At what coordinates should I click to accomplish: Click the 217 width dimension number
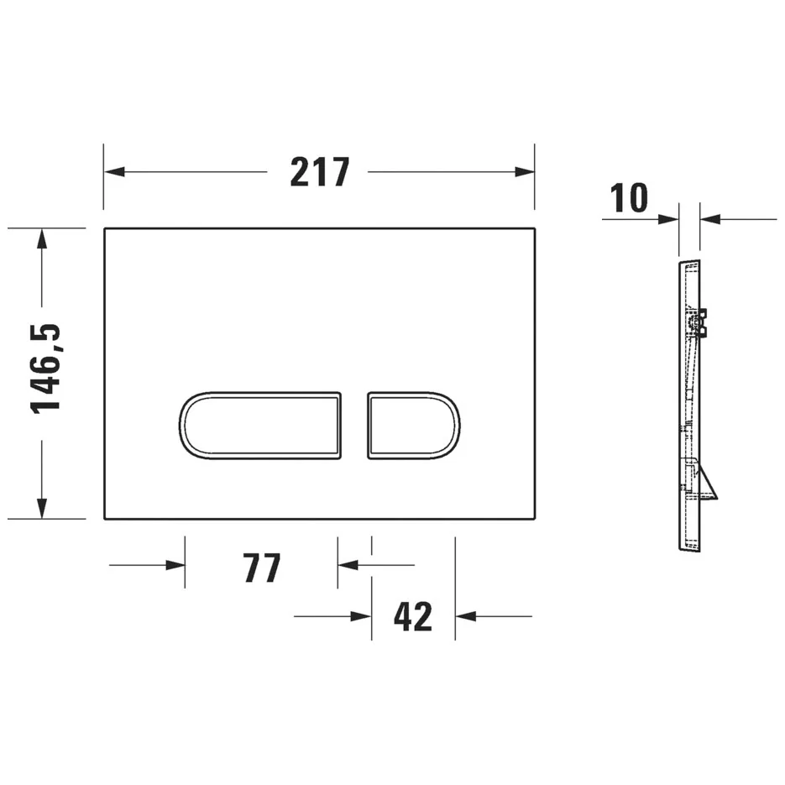click(x=319, y=172)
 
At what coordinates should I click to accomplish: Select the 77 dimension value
click(x=261, y=568)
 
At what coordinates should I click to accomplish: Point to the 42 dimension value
click(x=413, y=617)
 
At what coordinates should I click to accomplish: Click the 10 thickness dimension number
click(x=630, y=199)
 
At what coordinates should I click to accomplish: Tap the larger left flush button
click(x=260, y=425)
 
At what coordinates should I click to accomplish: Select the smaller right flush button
click(x=412, y=425)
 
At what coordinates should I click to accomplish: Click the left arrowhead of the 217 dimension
click(x=113, y=172)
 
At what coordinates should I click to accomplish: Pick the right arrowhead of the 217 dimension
click(x=526, y=172)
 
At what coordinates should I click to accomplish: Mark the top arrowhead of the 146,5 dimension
click(x=41, y=238)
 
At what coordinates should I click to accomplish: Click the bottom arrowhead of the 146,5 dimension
click(x=41, y=509)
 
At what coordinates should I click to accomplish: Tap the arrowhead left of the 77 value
click(x=176, y=565)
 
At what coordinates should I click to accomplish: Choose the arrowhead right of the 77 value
click(x=347, y=565)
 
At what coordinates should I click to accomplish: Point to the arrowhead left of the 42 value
click(x=363, y=617)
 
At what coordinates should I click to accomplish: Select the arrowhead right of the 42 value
click(x=464, y=617)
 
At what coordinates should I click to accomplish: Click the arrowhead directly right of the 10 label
click(x=669, y=220)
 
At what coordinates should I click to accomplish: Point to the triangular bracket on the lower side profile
click(x=708, y=482)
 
